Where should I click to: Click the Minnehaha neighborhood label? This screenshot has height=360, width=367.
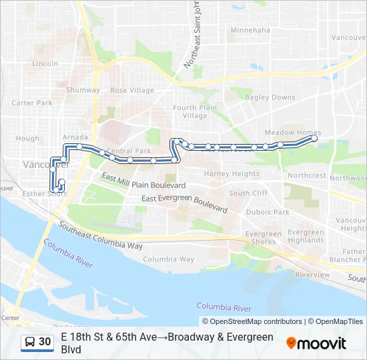tap(250, 30)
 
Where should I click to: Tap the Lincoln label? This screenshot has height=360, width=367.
tap(45, 64)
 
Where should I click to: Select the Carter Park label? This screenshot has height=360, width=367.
tap(32, 103)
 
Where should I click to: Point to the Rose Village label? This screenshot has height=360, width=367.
tap(131, 90)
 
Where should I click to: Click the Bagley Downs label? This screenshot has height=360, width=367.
tap(270, 97)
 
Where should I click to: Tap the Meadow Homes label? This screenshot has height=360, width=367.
tap(292, 133)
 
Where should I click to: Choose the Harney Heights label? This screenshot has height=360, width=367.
tap(232, 174)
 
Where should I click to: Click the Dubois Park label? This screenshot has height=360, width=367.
tap(267, 212)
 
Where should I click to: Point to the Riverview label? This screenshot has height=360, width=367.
tap(312, 275)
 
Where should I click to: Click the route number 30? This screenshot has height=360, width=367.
tap(45, 342)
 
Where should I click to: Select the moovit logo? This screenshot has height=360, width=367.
tap(316, 343)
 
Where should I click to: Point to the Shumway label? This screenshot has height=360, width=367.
tap(83, 90)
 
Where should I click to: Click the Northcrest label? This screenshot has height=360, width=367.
tap(306, 176)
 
